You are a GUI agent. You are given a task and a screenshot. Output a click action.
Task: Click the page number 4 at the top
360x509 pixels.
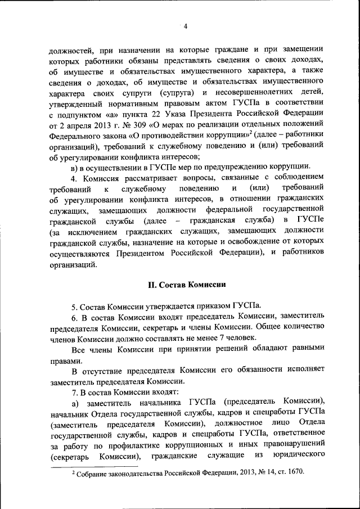point(185,25)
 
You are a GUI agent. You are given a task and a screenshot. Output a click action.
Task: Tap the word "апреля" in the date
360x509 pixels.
point(79,124)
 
